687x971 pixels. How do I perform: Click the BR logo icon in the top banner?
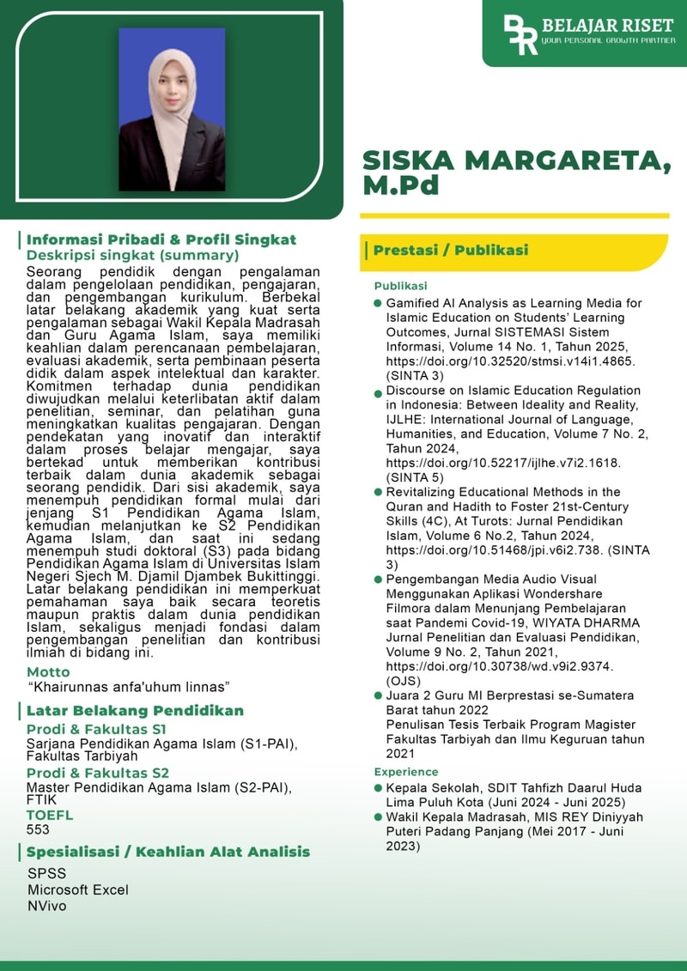tap(520, 34)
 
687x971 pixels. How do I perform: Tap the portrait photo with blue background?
tap(172, 109)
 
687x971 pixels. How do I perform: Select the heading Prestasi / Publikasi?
tap(451, 251)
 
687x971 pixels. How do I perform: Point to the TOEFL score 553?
tap(39, 829)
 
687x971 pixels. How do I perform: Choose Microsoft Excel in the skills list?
tap(78, 889)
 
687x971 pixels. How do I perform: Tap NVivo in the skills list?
tap(46, 905)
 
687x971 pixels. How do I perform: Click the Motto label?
tap(48, 671)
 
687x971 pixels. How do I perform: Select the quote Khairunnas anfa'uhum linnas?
tap(129, 687)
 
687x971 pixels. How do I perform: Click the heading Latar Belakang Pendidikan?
tap(135, 710)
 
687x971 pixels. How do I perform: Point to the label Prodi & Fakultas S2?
tap(98, 773)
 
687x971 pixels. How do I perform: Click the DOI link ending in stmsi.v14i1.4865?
tap(510, 361)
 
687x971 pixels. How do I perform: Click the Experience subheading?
tap(406, 772)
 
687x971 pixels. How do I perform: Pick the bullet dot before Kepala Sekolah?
tap(378, 788)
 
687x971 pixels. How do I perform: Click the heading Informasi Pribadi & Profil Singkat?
tap(161, 240)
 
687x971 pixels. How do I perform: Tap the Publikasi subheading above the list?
tap(400, 286)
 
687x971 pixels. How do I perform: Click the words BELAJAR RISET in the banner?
tap(608, 26)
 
